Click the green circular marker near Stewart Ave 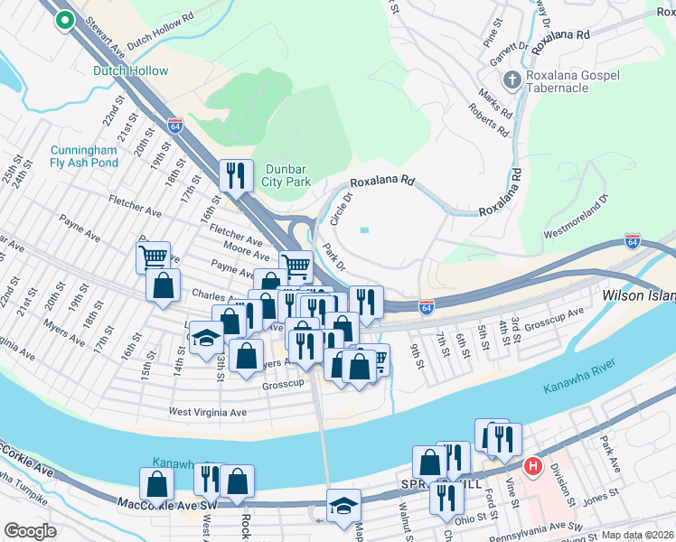pyautogui.click(x=64, y=20)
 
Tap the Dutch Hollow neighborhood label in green pyautogui.click(x=130, y=70)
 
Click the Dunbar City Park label pyautogui.click(x=288, y=175)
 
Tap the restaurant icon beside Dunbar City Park pyautogui.click(x=236, y=174)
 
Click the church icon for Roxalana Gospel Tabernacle pyautogui.click(x=512, y=79)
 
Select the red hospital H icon pyautogui.click(x=533, y=467)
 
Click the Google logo pyautogui.click(x=29, y=531)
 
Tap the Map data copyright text pyautogui.click(x=637, y=535)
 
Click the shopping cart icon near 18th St pyautogui.click(x=154, y=257)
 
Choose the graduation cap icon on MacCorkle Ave pyautogui.click(x=343, y=504)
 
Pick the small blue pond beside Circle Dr pyautogui.click(x=364, y=229)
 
